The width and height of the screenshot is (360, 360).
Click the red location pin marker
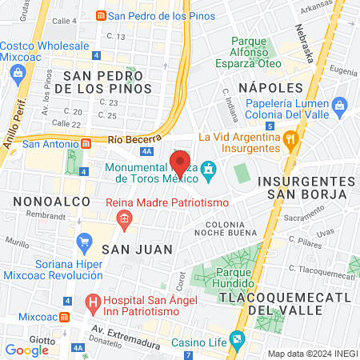coord(180,163)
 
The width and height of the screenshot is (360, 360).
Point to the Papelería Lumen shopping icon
coord(339,105)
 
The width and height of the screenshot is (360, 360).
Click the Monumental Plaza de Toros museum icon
coord(209,169)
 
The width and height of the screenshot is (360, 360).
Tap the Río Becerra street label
coord(129,138)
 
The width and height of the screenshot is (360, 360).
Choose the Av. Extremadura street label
coord(119,330)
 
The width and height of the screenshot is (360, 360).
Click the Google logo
coord(27,350)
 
